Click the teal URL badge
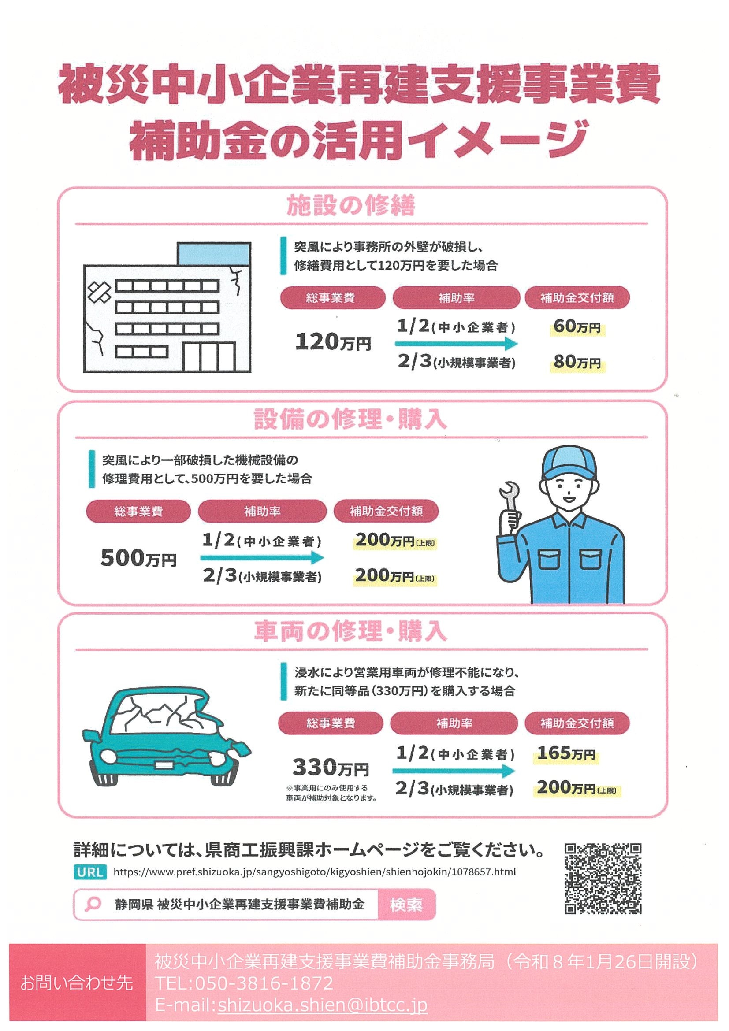pos(90,872)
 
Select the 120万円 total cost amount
pos(333,342)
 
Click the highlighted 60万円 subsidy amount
pos(577,326)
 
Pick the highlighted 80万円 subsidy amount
pos(577,362)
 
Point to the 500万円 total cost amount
pos(138,559)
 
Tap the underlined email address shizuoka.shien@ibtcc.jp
pos(322,1005)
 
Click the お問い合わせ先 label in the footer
pos(77,983)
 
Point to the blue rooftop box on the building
pos(214,254)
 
